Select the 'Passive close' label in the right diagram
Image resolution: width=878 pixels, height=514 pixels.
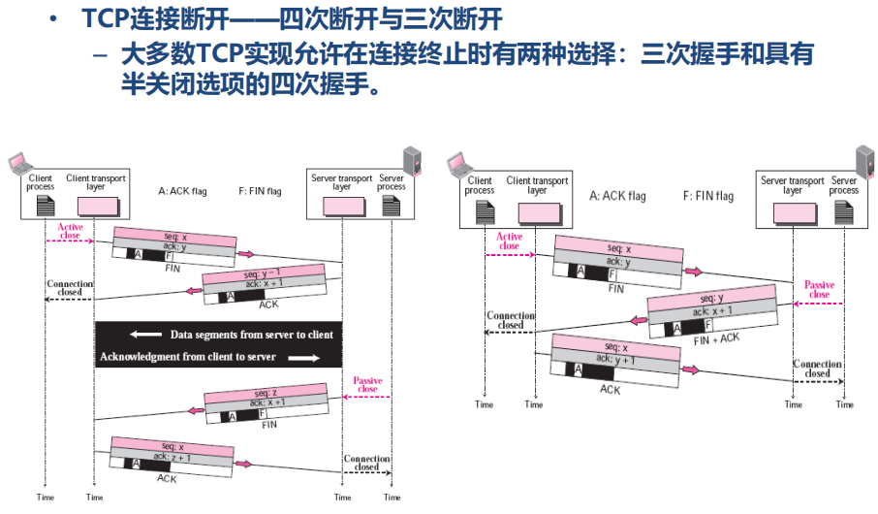pos(819,289)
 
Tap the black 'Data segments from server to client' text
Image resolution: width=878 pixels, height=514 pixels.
pos(251,335)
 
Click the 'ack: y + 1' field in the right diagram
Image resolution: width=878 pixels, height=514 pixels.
pos(616,359)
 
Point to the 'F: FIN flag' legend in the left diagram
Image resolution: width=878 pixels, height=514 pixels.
pos(261,192)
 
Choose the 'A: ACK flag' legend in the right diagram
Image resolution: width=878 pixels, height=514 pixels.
pos(617,196)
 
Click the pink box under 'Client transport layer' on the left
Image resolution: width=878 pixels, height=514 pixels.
pos(93,206)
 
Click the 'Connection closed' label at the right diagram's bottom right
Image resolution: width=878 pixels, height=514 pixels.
pos(817,369)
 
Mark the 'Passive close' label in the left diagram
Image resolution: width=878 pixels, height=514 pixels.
pos(367,384)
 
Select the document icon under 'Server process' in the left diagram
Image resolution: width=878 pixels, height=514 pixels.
pos(391,206)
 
